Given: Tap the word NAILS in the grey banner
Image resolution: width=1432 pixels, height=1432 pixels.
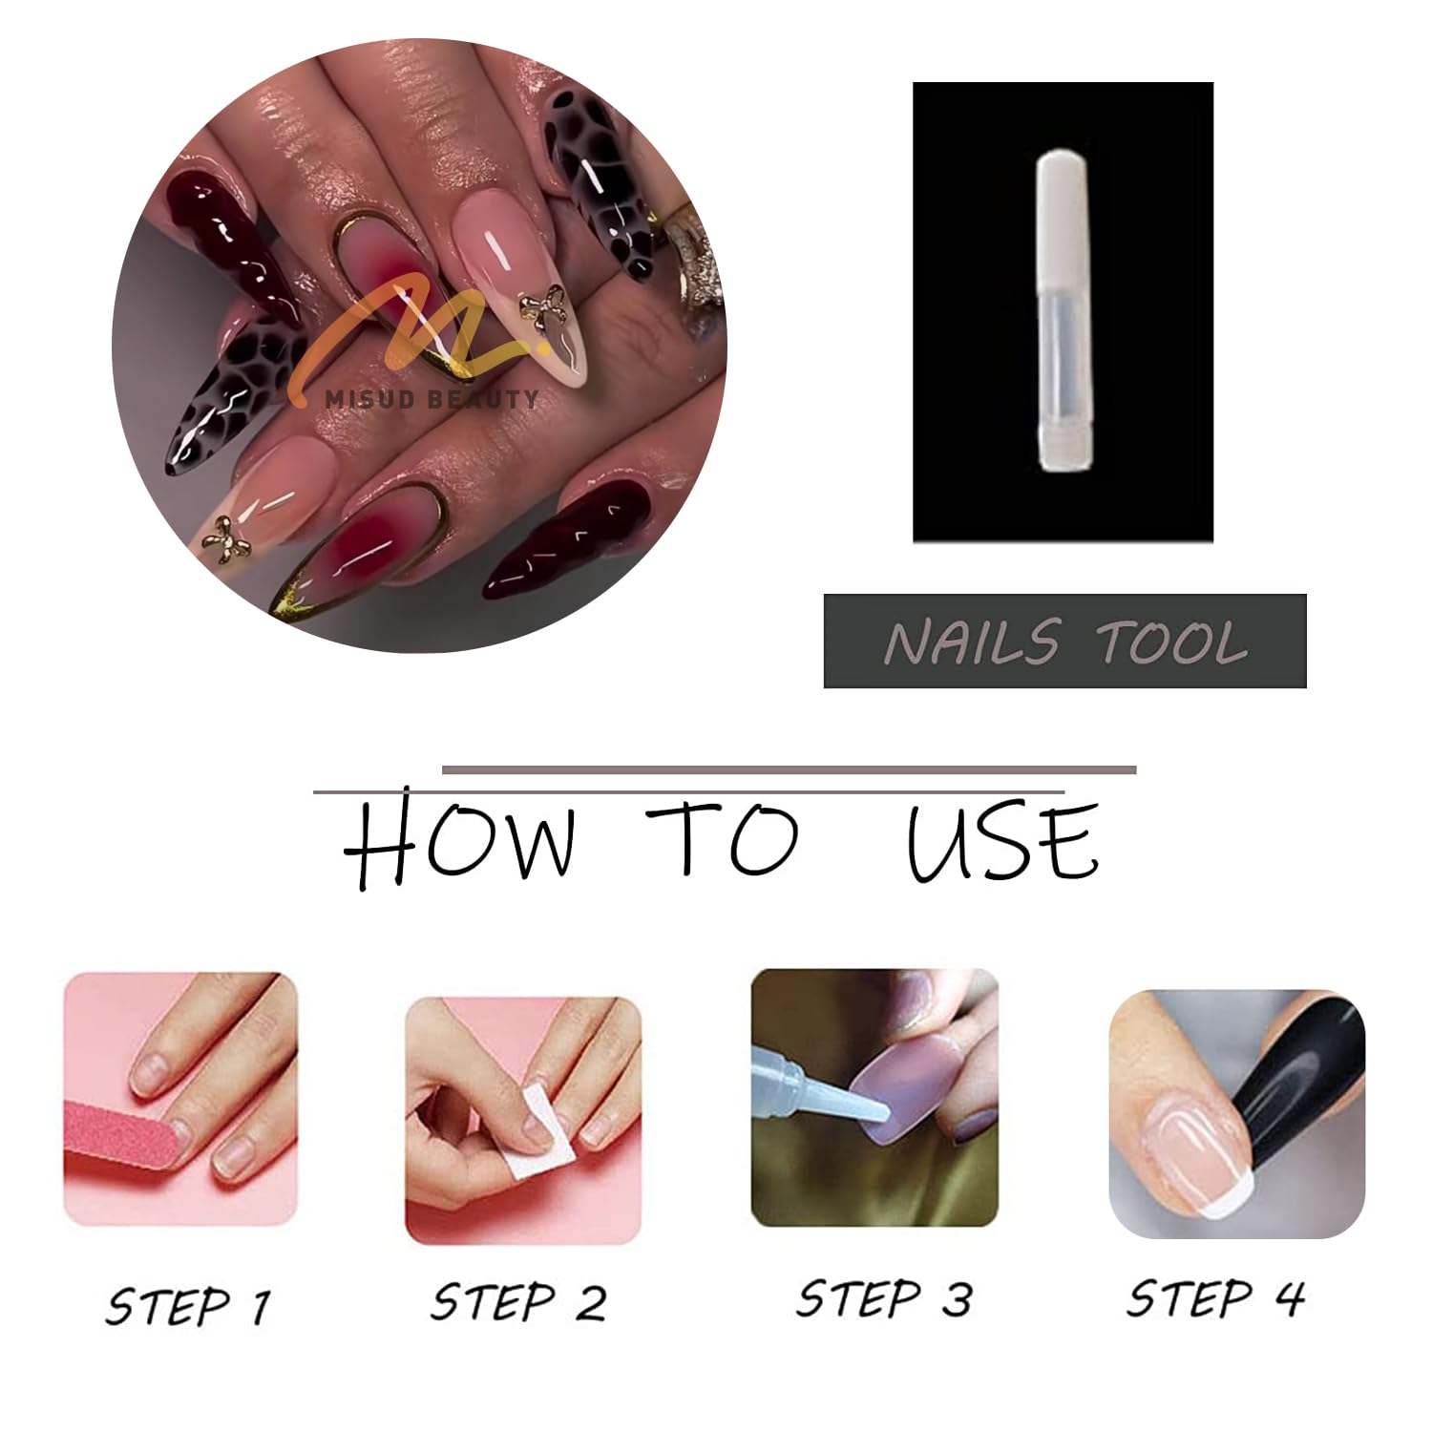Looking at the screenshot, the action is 972,642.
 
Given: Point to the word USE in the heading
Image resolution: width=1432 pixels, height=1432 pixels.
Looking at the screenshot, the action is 1002,840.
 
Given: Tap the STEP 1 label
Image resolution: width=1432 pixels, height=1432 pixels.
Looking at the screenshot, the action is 188,1306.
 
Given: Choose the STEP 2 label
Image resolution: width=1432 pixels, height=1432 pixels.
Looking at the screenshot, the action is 518,1302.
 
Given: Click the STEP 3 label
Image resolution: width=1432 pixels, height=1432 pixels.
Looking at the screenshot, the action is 884,1298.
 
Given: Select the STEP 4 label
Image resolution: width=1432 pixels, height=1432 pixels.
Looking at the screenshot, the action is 1215,1298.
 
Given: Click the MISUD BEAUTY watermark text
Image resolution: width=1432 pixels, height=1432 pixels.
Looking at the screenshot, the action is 432,399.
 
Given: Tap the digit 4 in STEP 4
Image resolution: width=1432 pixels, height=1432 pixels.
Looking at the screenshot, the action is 1288,1298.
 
